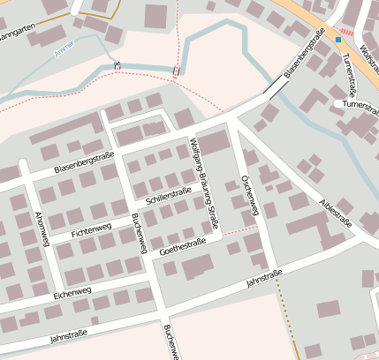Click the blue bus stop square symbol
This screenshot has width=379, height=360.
pyautogui.click(x=337, y=39)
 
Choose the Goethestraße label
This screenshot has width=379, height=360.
pyautogui.click(x=183, y=247)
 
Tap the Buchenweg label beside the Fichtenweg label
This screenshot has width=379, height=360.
pyautogui.click(x=138, y=233)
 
